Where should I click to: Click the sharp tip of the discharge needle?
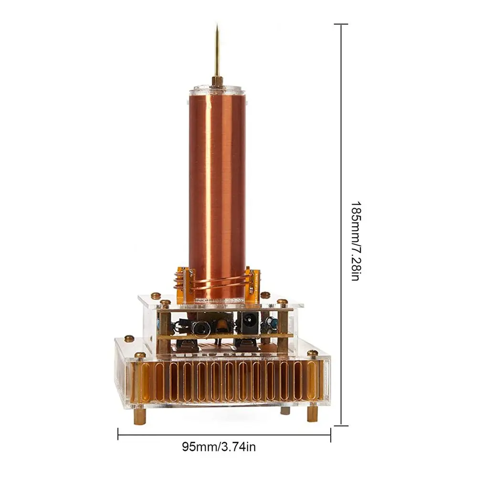(217, 24)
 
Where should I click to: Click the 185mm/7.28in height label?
(356, 241)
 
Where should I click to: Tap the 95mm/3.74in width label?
(219, 447)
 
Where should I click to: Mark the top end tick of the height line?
(341, 24)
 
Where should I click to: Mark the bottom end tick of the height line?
(341, 426)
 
